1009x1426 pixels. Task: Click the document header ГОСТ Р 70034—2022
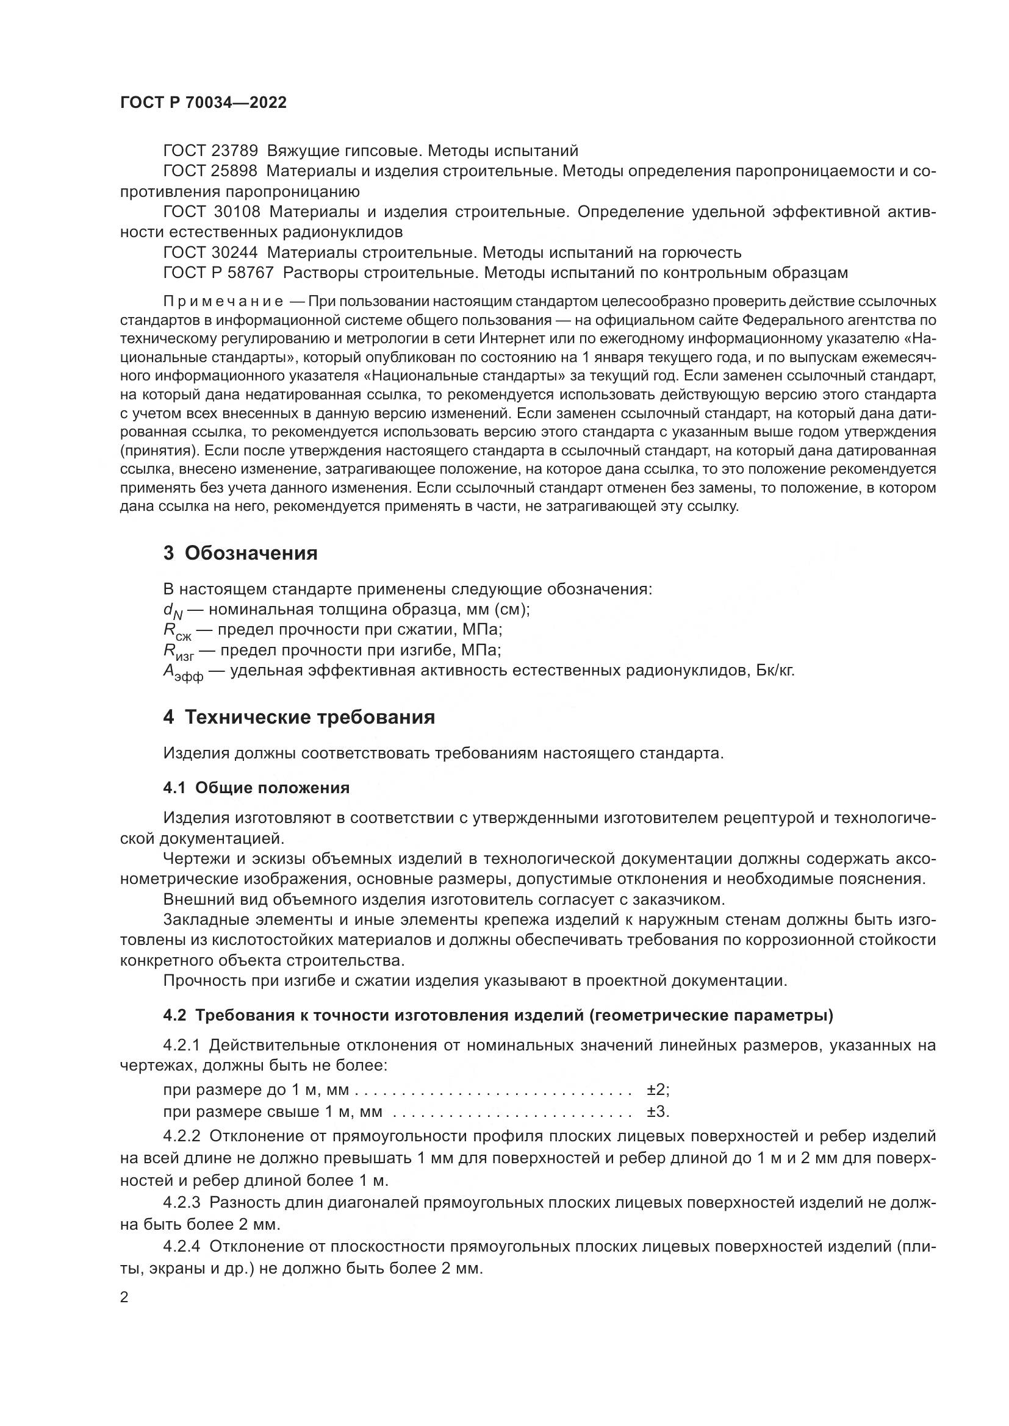tap(203, 103)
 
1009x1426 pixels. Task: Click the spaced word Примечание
tap(223, 302)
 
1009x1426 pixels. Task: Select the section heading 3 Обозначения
tap(240, 553)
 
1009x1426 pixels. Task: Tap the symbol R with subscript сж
tap(176, 631)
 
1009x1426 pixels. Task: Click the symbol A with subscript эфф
tap(182, 672)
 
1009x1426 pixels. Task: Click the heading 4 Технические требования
tap(299, 718)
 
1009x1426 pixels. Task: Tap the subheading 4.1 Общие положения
tap(256, 788)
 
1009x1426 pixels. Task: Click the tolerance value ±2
tap(657, 1090)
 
